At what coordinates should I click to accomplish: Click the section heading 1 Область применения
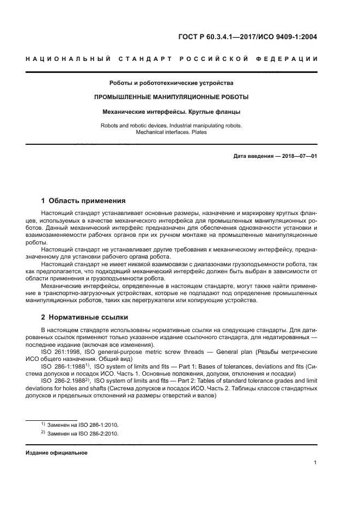tap(83, 200)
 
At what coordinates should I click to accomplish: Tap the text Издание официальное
tap(57, 453)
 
